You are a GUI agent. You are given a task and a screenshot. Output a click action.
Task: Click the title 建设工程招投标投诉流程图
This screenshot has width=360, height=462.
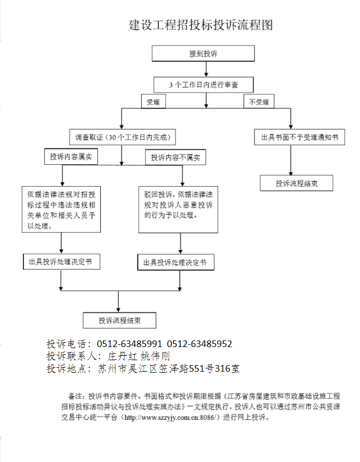click(200, 25)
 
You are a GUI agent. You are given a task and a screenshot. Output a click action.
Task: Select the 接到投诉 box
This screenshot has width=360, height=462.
click(203, 54)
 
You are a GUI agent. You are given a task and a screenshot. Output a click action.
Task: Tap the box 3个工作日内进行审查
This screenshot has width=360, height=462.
click(203, 85)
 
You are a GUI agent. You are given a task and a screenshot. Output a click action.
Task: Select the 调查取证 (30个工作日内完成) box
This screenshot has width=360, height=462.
click(121, 137)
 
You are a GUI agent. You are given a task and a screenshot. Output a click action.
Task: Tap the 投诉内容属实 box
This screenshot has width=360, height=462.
click(71, 157)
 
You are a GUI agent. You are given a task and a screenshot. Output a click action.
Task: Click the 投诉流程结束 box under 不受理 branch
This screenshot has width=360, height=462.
click(296, 183)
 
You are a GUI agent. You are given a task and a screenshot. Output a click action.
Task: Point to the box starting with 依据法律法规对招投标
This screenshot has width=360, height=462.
click(62, 210)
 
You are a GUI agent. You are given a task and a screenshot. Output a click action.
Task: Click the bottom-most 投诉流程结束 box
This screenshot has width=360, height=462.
click(120, 320)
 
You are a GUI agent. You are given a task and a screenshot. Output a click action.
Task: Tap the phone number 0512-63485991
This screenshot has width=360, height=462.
click(130, 344)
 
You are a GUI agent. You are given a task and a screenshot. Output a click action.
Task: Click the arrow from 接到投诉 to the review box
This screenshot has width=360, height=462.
click(206, 69)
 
